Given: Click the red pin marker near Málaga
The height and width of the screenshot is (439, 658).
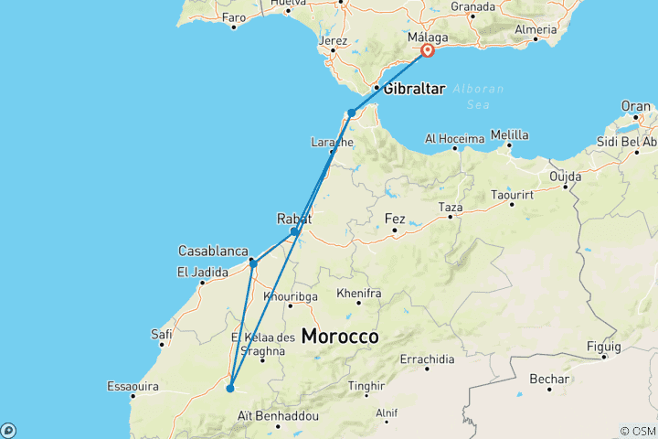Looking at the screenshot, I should [x=427, y=52].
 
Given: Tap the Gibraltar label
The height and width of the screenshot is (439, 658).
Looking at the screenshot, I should [x=414, y=89].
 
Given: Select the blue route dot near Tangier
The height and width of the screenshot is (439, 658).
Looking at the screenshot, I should [x=351, y=113].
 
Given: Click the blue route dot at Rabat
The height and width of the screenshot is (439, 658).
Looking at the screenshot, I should [x=293, y=231].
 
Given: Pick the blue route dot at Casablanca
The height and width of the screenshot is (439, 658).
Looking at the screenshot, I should [x=253, y=264].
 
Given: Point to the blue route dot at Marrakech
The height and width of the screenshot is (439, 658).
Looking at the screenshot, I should [x=230, y=389].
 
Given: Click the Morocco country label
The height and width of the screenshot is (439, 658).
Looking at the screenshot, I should [x=340, y=337].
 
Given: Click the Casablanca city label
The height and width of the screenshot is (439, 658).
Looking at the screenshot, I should [x=214, y=251].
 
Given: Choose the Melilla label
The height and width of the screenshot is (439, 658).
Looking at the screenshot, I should [x=509, y=135].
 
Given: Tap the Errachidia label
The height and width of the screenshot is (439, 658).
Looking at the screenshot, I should [x=427, y=359].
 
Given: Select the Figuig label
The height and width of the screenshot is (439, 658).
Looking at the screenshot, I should [x=604, y=347].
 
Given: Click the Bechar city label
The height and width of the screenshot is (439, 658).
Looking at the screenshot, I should [x=548, y=379].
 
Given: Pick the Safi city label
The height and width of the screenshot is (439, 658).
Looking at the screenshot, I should [x=162, y=335].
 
